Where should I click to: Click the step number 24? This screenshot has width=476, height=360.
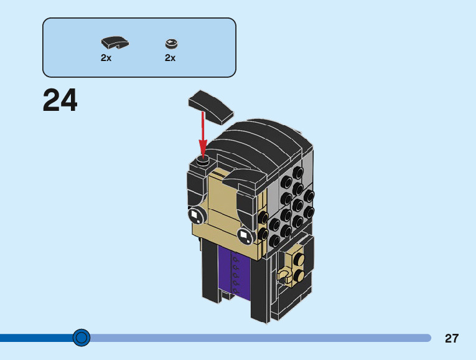[x=60, y=100]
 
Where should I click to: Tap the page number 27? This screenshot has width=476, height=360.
[x=452, y=339]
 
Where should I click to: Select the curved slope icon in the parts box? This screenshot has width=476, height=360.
[x=114, y=43]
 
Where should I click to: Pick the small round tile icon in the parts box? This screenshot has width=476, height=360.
[x=171, y=43]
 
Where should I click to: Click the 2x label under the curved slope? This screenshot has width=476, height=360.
[x=106, y=58]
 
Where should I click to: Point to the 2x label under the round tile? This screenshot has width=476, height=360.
[x=170, y=58]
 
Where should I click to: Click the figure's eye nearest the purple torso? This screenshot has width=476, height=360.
[x=245, y=237]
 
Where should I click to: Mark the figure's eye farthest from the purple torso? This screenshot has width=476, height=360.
[x=196, y=216]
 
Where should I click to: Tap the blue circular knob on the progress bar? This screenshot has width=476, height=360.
[x=82, y=338]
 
